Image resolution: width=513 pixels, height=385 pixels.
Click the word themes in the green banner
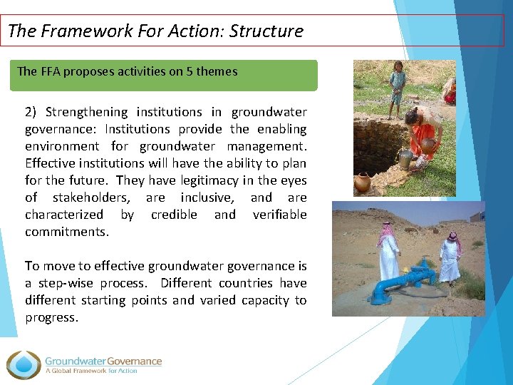[x=221, y=71]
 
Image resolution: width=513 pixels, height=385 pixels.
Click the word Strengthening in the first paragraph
[x=87, y=112]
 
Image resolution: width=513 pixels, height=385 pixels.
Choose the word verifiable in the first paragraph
[x=279, y=215]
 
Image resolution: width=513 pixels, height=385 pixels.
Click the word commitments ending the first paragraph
[x=67, y=232]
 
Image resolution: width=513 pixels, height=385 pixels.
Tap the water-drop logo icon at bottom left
[x=23, y=364]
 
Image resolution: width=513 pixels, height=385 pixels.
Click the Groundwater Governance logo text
[x=103, y=361]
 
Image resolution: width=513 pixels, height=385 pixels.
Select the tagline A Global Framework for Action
[x=91, y=371]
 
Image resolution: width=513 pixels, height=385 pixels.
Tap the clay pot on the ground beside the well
[x=363, y=183]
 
